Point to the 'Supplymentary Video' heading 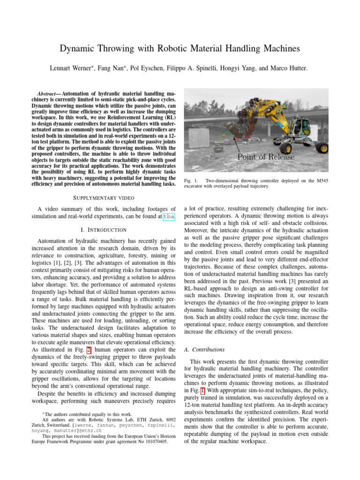click(x=104, y=197)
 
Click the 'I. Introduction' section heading click(x=104, y=230)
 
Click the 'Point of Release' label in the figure click(x=266, y=157)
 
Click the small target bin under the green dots click(x=217, y=149)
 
